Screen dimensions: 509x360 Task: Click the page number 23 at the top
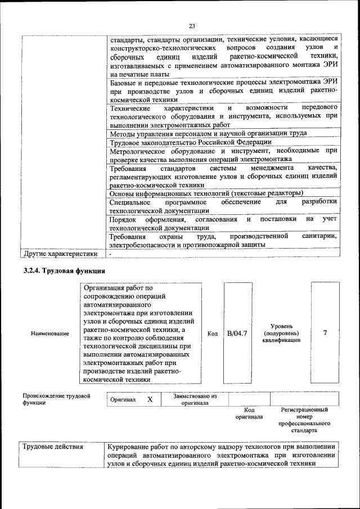[x=192, y=26]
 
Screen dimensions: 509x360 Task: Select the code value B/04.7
[x=237, y=334]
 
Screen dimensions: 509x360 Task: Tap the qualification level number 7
[x=325, y=333]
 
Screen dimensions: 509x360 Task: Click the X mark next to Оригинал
[x=150, y=399]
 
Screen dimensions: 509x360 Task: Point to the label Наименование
[x=51, y=334]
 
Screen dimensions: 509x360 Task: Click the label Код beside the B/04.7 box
[x=213, y=334]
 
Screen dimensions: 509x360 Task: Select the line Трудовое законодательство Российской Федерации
[x=190, y=143]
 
